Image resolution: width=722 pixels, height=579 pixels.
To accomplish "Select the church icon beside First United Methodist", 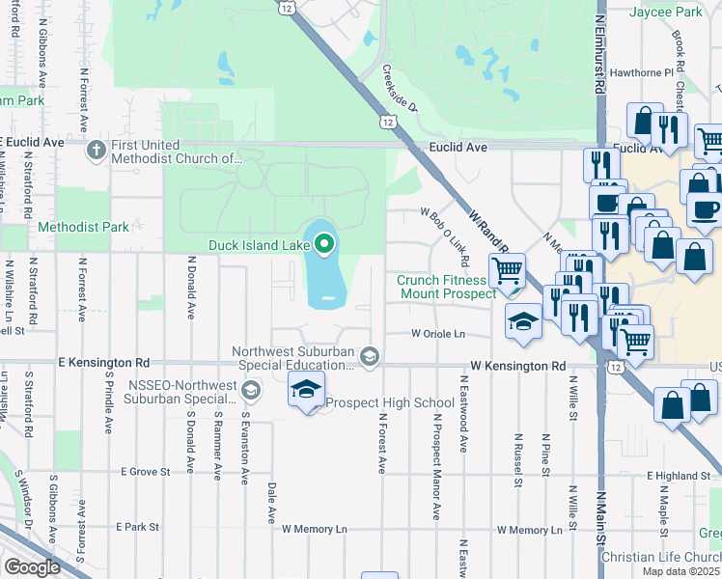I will (x=96, y=150).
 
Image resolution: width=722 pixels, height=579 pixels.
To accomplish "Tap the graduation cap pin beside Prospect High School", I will (x=306, y=391).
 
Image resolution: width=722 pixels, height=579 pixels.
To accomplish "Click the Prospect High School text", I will (x=390, y=402).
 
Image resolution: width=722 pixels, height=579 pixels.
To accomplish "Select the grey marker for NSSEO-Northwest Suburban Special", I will (x=251, y=390).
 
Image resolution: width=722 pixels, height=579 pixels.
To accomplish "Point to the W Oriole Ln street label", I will (x=438, y=334).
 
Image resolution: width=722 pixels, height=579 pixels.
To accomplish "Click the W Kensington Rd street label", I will (x=517, y=367).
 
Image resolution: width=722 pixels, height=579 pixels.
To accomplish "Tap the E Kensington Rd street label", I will (x=104, y=363).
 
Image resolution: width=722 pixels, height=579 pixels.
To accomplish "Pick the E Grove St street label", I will (x=145, y=472).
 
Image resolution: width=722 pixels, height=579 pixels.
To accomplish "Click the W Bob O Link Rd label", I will (x=445, y=236).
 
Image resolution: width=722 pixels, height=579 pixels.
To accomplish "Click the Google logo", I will (x=31, y=567).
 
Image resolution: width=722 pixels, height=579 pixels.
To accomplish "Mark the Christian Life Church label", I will (x=660, y=558).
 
